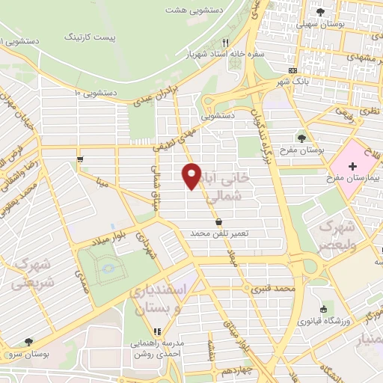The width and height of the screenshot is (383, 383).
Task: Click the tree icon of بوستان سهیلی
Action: coord(321,12)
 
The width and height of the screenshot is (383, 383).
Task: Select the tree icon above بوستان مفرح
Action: coord(301,138)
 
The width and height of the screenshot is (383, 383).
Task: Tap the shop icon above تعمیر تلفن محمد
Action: coord(218,221)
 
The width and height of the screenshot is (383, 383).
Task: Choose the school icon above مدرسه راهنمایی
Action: coord(157,331)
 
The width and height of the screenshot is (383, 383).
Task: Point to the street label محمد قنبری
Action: coord(275,287)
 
